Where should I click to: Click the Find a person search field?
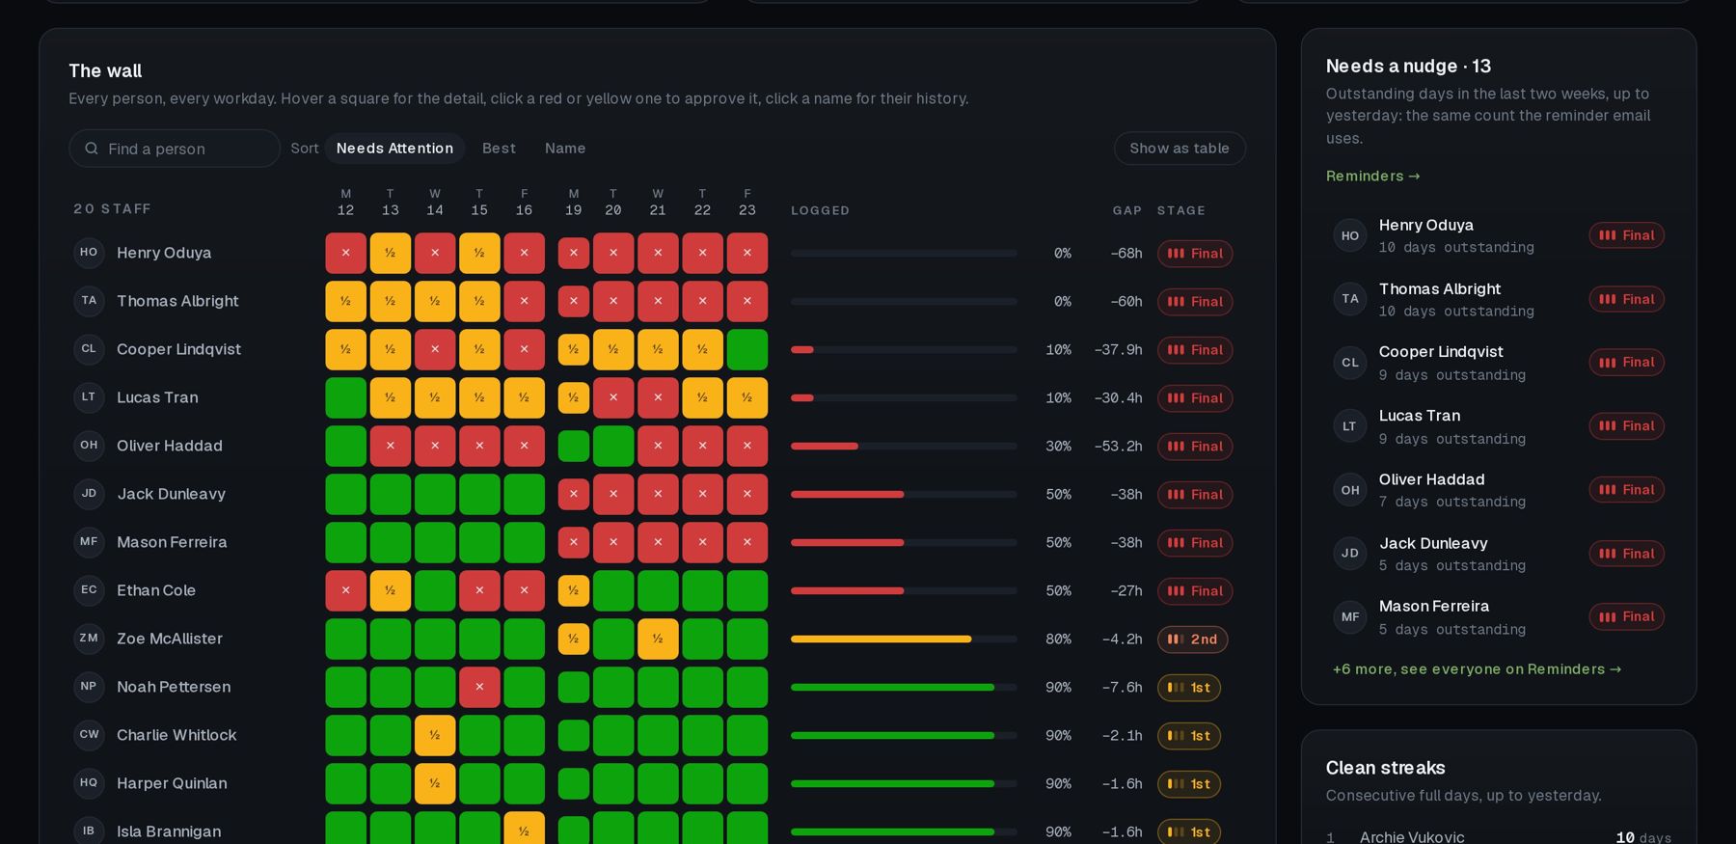click(175, 149)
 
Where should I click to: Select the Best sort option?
click(499, 149)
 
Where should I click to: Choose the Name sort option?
click(565, 149)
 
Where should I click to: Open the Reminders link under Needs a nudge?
click(1372, 176)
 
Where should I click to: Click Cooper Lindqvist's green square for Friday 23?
click(747, 349)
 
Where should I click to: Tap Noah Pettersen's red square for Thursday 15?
click(479, 687)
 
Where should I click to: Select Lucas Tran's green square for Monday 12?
click(345, 397)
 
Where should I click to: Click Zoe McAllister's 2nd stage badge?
click(1192, 640)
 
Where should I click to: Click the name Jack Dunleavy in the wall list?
click(171, 494)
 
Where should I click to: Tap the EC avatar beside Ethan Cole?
click(89, 589)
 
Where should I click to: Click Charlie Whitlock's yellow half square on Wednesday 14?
click(435, 735)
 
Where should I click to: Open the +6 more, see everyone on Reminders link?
click(1477, 669)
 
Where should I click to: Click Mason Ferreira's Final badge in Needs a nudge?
click(1626, 617)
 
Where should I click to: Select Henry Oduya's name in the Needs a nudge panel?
click(1425, 225)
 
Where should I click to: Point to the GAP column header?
click(1126, 210)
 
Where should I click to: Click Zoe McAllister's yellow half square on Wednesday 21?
click(658, 639)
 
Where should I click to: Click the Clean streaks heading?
click(1385, 768)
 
